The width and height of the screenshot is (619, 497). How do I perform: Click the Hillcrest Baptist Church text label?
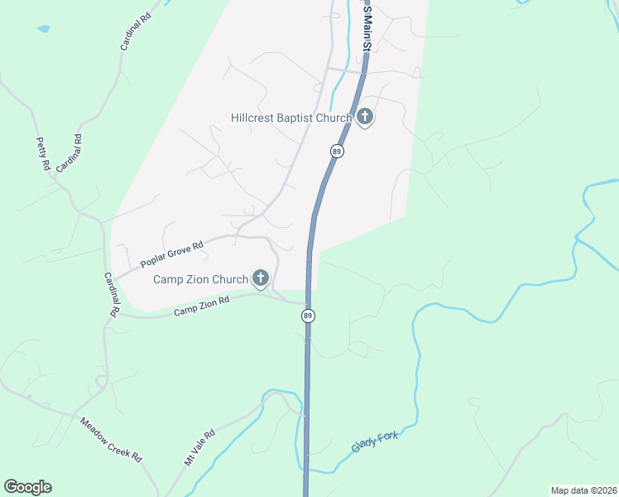click(291, 118)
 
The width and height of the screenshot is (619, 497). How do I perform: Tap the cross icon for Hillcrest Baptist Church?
click(365, 118)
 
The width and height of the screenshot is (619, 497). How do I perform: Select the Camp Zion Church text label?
click(201, 279)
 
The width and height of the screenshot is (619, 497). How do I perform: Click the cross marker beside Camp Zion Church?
click(261, 278)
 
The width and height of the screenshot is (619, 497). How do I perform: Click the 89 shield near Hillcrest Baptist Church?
click(336, 151)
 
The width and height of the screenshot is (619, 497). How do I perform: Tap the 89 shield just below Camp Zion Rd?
click(308, 316)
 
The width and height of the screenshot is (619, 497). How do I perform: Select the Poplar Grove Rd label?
click(172, 254)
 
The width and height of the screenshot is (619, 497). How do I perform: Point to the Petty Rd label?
click(43, 154)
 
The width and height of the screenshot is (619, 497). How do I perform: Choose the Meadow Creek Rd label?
click(111, 440)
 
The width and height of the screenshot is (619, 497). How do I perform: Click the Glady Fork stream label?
click(375, 442)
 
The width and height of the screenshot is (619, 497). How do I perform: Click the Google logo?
click(27, 487)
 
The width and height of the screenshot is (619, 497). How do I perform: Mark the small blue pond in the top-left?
click(43, 29)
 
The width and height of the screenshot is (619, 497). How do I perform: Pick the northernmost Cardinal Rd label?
click(135, 32)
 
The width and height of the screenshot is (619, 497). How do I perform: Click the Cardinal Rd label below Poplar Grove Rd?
click(111, 295)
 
